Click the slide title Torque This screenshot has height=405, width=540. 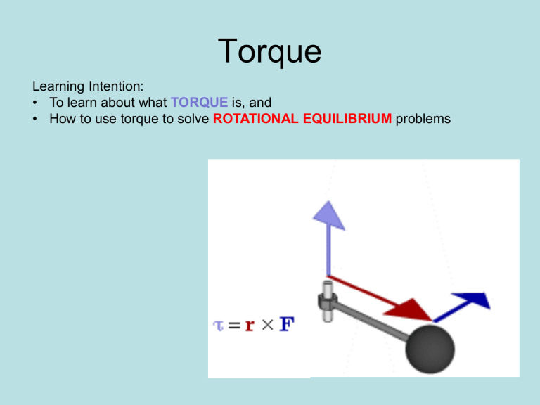coord(269,53)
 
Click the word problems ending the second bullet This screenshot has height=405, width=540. coord(423,119)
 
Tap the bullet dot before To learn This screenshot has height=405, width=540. coord(36,103)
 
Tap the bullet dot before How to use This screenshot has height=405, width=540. coord(36,119)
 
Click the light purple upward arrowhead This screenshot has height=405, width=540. coord(328,214)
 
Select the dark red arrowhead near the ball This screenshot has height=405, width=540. coord(415,309)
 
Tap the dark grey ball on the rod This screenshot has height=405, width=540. coord(430,349)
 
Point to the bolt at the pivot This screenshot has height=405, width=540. coord(326,301)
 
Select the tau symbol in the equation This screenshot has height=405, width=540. coord(219,326)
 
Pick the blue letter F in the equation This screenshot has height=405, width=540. coord(287,325)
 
